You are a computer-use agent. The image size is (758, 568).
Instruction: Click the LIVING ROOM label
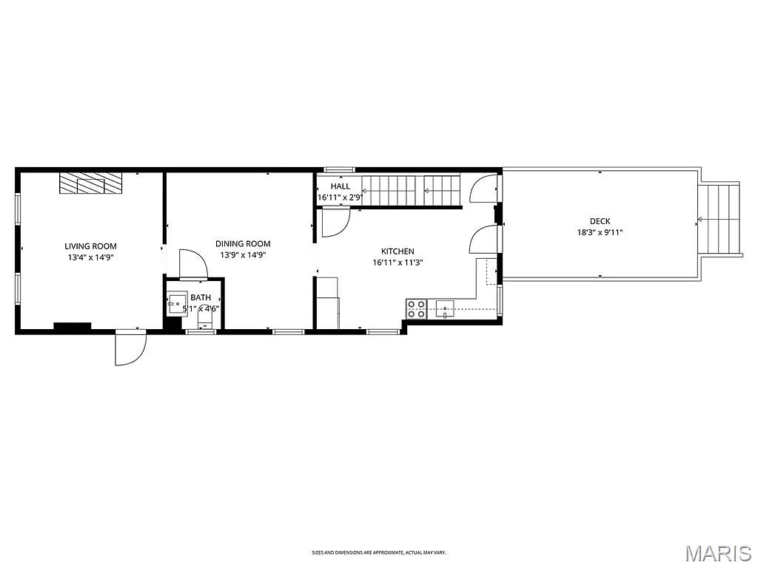90,246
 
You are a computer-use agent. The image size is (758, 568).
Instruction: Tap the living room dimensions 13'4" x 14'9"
90,257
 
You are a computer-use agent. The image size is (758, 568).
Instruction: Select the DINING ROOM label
243,243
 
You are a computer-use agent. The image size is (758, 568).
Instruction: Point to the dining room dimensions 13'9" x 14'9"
243,254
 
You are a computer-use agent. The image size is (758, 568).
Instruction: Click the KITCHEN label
398,251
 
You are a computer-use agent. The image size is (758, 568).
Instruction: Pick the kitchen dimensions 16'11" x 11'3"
398,263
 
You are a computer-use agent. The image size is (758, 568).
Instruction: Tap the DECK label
600,221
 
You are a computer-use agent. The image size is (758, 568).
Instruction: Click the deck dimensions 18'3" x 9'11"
600,232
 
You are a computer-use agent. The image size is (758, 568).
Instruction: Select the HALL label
340,186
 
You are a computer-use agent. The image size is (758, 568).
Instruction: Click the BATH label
201,297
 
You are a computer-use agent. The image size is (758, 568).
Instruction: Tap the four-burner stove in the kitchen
416,308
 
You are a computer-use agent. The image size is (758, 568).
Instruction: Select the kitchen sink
446,308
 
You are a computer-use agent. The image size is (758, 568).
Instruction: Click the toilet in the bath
204,318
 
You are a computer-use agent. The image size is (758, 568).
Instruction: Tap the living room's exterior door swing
130,348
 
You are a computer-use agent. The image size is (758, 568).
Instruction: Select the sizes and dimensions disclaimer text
378,552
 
